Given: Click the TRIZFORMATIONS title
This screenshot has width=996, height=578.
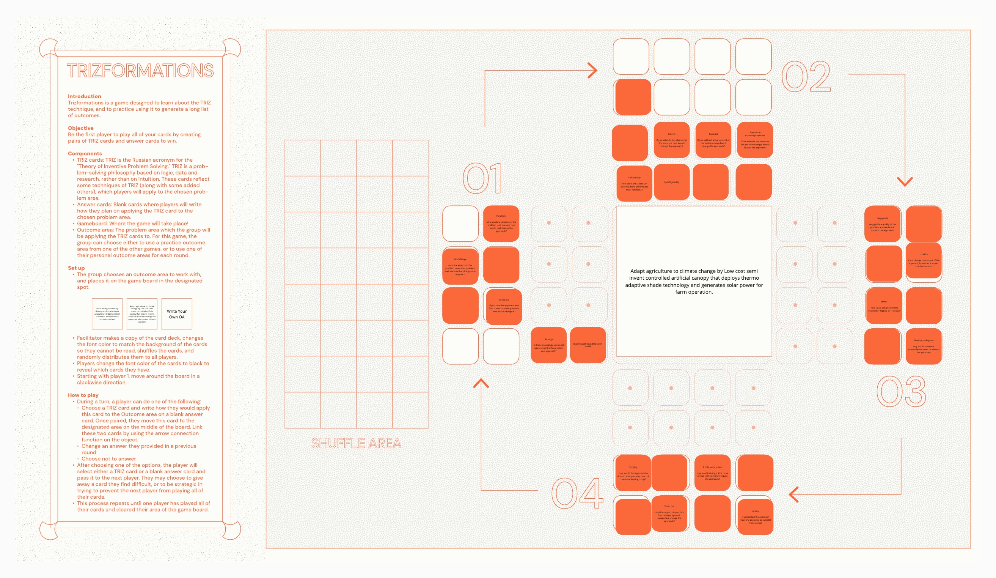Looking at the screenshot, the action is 140,71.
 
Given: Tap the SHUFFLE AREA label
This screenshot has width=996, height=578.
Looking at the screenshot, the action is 356,443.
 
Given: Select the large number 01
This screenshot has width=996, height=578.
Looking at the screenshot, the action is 482,178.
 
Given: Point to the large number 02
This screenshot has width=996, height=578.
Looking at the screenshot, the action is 806,77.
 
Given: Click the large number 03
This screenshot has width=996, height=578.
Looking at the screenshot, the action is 902,391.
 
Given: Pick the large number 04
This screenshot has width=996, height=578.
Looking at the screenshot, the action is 577,493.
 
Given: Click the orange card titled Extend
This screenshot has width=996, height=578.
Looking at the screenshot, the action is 671,140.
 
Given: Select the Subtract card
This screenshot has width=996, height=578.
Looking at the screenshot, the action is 713,140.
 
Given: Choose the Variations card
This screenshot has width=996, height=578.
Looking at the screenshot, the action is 501,224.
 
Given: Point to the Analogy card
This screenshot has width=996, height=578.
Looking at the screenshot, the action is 548,345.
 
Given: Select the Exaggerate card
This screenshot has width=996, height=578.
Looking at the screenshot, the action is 882,224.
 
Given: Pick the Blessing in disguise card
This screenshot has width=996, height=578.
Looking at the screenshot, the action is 923,346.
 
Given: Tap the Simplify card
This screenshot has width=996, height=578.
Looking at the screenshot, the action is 633,473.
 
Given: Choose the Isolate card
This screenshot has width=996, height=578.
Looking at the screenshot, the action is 755,517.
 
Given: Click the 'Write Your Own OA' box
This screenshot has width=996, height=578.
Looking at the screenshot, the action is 177,314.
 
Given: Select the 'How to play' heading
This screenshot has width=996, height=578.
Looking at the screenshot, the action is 83,395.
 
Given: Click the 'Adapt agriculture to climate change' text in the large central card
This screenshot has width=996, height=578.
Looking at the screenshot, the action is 694,281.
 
